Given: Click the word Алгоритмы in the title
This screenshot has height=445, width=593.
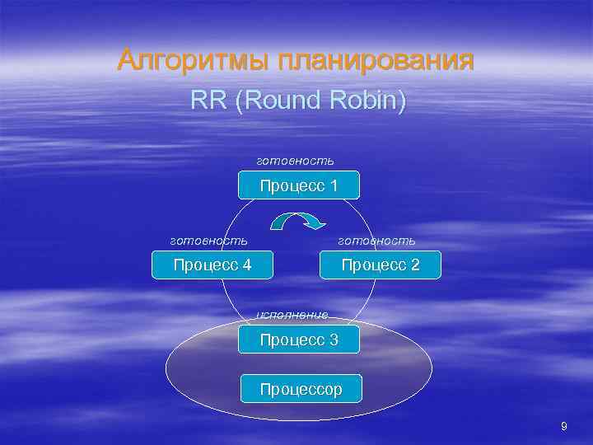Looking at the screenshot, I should pyautogui.click(x=194, y=60).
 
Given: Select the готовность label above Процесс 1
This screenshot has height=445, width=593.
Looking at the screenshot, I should pyautogui.click(x=296, y=158).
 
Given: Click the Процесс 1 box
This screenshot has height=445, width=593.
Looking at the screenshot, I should pyautogui.click(x=299, y=185).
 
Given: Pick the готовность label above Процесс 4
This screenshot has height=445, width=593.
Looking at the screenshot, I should pyautogui.click(x=208, y=240).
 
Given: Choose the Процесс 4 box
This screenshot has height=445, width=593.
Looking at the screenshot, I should pyautogui.click(x=212, y=265).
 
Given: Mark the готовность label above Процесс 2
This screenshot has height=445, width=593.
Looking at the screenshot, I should pyautogui.click(x=377, y=240).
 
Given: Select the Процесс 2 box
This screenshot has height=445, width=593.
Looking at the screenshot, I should pyautogui.click(x=380, y=265).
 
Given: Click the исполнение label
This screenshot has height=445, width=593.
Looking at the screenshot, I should pyautogui.click(x=292, y=314).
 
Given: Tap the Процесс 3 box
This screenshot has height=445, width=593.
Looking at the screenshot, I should pyautogui.click(x=299, y=340).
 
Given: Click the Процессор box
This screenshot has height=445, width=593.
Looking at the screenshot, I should pyautogui.click(x=301, y=389).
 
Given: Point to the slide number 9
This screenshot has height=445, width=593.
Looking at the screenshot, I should pyautogui.click(x=563, y=426).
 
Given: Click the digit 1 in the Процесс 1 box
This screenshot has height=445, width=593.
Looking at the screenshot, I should pyautogui.click(x=333, y=185).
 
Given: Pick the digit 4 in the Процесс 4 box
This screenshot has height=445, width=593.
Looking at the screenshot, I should pyautogui.click(x=246, y=265).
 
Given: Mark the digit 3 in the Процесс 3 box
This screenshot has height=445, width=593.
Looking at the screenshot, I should pyautogui.click(x=333, y=340).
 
